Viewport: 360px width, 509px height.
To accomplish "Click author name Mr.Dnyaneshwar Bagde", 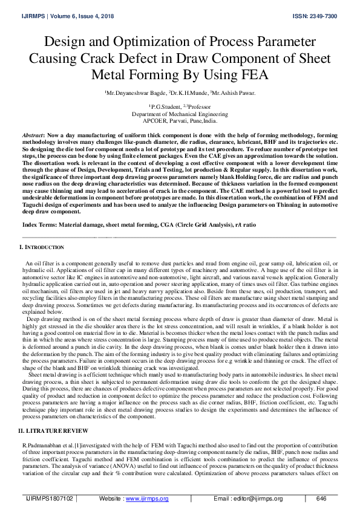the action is click(x=131, y=93).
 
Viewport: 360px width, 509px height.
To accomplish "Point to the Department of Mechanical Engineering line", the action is click(x=180, y=114).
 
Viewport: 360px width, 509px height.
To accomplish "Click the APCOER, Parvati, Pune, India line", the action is click(x=180, y=120).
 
